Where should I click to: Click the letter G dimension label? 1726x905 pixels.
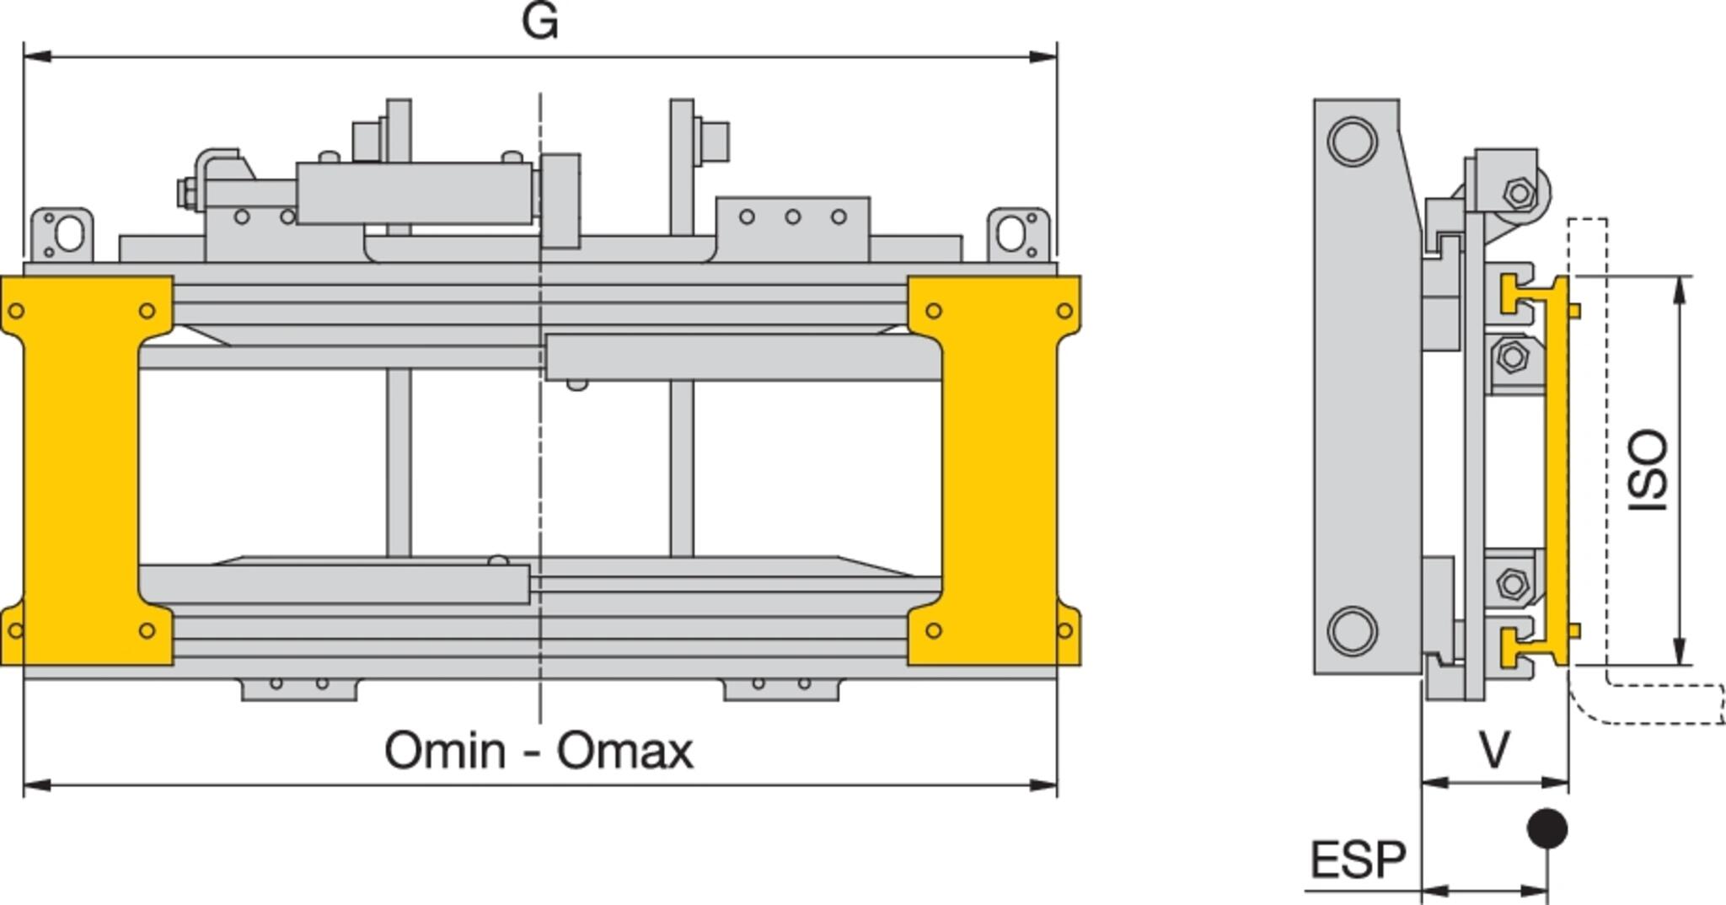point(540,21)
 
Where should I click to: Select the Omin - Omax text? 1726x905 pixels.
point(539,750)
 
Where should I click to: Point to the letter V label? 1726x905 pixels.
point(1495,749)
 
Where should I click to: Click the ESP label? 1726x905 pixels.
point(1359,859)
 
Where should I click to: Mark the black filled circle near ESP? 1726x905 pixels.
point(1547,829)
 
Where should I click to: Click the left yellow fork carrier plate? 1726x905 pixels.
point(87,470)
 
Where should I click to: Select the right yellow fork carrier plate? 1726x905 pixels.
point(994,470)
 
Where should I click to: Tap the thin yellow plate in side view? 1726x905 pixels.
point(1558,470)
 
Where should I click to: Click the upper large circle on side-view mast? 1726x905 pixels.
point(1353,141)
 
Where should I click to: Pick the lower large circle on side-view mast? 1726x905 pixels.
point(1353,631)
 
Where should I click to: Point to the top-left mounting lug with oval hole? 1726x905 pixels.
point(62,235)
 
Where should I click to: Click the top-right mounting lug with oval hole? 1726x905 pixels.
point(1019,235)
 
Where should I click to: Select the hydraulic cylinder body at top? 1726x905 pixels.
point(415,193)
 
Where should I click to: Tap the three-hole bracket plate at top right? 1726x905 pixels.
point(792,229)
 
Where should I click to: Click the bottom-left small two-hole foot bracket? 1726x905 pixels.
point(299,688)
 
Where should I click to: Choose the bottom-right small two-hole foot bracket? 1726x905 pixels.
point(781,688)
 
